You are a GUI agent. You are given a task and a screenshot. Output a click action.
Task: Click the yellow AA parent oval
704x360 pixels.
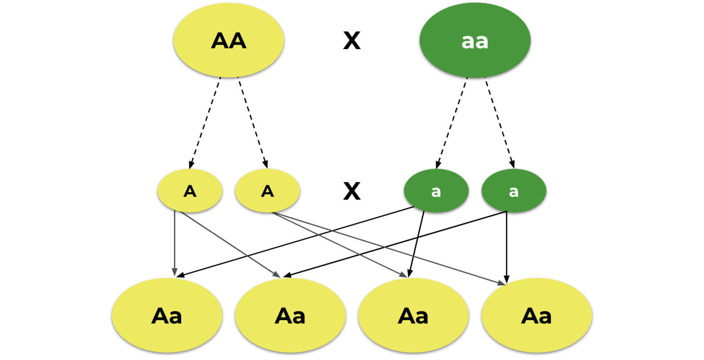228,40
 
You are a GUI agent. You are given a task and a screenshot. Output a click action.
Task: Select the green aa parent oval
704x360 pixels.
475,40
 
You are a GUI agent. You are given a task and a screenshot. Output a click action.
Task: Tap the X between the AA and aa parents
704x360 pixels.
352,41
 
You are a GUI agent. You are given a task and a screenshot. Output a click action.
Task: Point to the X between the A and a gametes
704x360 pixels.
352,191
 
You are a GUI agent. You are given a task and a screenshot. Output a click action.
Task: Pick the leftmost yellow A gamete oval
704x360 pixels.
190,191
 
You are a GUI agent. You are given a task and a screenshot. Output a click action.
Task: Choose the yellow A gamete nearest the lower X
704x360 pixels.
267,191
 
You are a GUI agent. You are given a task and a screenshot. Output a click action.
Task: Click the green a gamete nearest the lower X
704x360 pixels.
436,191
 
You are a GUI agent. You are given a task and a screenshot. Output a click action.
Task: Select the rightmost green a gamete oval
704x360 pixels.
514,191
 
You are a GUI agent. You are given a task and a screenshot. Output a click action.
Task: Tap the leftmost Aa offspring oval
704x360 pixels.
167,316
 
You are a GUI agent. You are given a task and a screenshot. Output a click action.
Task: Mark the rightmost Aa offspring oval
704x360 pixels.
537,316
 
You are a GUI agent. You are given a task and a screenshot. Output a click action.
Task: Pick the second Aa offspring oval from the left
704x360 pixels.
290,316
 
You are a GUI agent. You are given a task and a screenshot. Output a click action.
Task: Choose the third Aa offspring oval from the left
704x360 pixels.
413,316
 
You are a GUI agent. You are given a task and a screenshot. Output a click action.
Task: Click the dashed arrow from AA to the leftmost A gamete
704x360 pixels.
205,122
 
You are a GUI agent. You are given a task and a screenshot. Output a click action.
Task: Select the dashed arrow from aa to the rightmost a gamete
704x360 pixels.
499,122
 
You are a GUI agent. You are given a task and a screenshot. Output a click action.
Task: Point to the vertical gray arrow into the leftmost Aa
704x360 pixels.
175,243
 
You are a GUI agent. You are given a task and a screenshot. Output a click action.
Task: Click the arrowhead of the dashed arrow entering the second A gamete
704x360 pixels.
265,164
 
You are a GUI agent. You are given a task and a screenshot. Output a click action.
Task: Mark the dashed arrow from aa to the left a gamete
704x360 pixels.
452,122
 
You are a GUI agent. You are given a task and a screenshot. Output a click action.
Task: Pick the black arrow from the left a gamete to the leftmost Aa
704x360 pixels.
293,242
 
